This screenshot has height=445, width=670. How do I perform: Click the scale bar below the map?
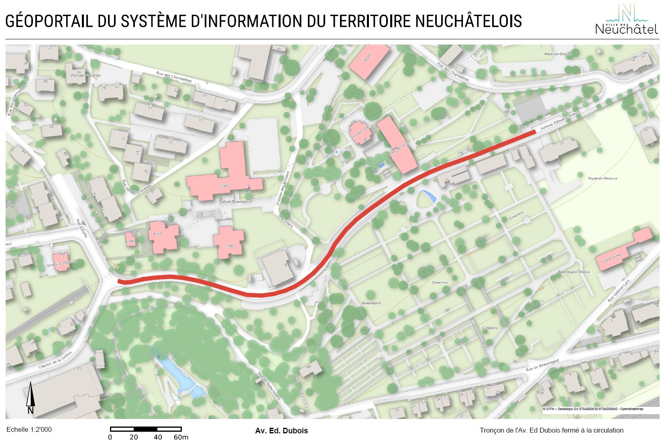(146, 429)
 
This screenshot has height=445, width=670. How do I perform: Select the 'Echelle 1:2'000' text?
(29, 429)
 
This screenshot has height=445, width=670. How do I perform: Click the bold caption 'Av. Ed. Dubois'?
(281, 431)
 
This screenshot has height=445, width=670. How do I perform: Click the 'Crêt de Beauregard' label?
(235, 201)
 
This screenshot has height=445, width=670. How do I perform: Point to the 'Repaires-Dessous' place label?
(603, 178)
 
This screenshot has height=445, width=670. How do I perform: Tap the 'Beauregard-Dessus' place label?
(574, 272)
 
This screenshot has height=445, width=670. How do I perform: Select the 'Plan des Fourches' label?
(85, 75)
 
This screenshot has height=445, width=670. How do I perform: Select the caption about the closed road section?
(551, 430)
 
